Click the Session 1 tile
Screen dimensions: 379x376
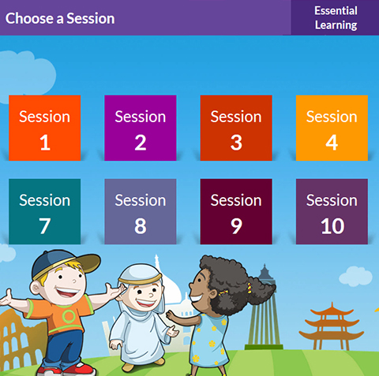pos(45,128)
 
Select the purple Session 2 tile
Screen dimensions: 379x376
pos(141,128)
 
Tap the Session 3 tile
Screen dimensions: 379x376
pos(236,128)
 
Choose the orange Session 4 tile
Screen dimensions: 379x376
pos(332,128)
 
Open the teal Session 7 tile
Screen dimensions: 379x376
pos(45,211)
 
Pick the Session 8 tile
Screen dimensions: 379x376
pos(141,211)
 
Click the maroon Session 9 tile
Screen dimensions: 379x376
pos(236,211)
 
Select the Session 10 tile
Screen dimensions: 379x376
pos(332,211)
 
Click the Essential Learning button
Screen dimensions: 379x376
pos(335,17)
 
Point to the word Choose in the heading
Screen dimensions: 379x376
pos(29,18)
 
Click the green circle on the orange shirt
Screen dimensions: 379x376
pos(69,316)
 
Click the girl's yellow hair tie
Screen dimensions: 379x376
pos(248,289)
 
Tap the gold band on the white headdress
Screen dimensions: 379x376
pos(141,280)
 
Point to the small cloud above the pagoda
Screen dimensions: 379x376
pos(356,276)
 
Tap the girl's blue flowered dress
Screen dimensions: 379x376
pos(210,339)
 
